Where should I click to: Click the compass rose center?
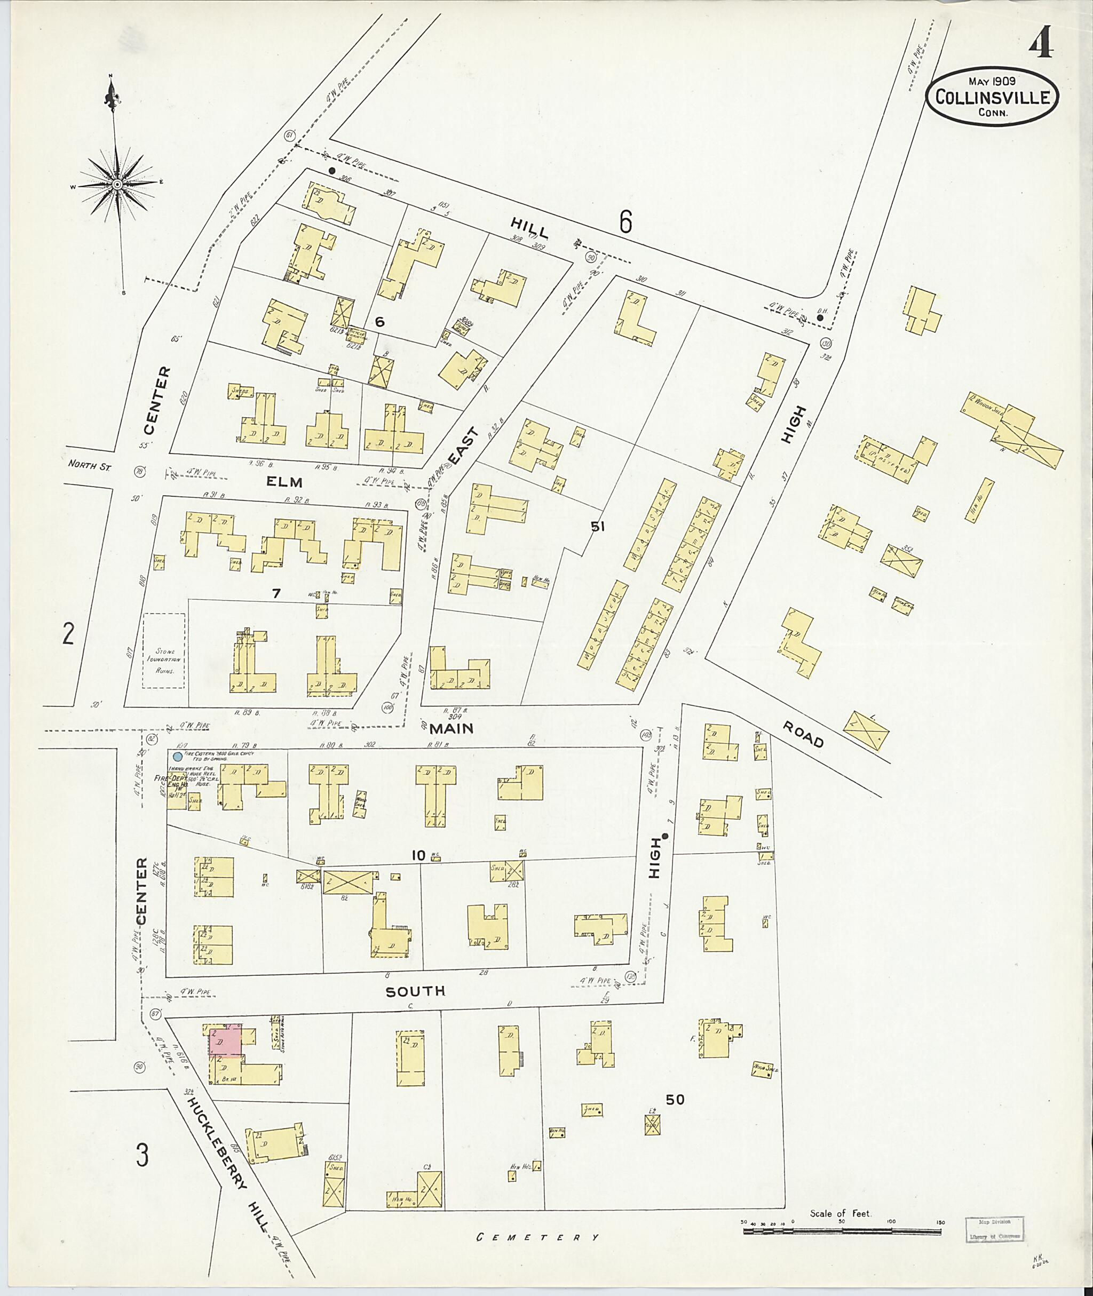point(117,185)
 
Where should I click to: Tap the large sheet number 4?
point(1041,43)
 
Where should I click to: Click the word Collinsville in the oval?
point(992,98)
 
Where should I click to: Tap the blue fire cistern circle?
point(178,757)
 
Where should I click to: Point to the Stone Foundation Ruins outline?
point(164,650)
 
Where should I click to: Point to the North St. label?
point(89,464)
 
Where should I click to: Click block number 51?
point(597,527)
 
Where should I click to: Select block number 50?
point(675,1100)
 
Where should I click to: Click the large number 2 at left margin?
point(68,634)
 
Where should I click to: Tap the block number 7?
point(276,593)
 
